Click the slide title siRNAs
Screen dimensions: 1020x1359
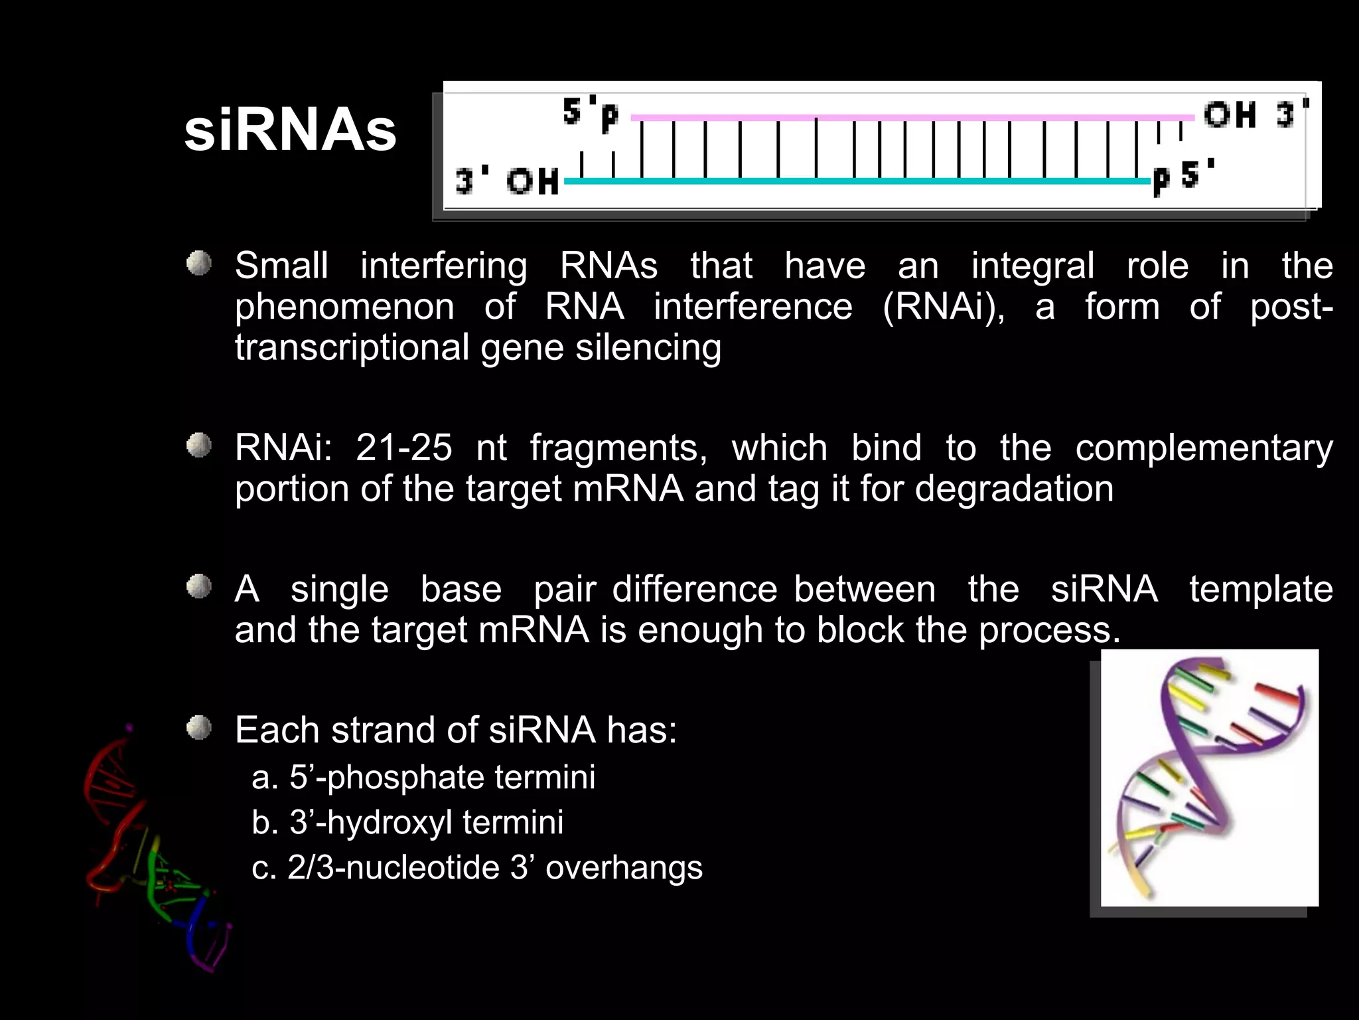[x=290, y=131]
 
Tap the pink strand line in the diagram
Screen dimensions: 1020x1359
[x=909, y=118]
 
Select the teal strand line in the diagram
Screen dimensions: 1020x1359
[x=856, y=181]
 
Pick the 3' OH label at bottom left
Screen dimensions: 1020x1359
[x=507, y=181]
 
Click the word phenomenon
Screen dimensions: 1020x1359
[x=344, y=307]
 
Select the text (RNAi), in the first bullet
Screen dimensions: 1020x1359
[x=944, y=307]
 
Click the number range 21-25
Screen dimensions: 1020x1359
[x=404, y=448]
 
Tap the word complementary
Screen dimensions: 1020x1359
[x=1204, y=448]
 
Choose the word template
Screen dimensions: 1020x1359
[x=1261, y=589]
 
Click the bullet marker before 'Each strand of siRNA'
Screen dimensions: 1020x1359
[x=198, y=728]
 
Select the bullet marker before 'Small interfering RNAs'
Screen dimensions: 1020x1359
[x=198, y=264]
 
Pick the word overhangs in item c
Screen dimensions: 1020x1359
[x=624, y=867]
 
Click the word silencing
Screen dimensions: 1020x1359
[x=648, y=347]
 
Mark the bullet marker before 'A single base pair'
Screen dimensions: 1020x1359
[x=198, y=587]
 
